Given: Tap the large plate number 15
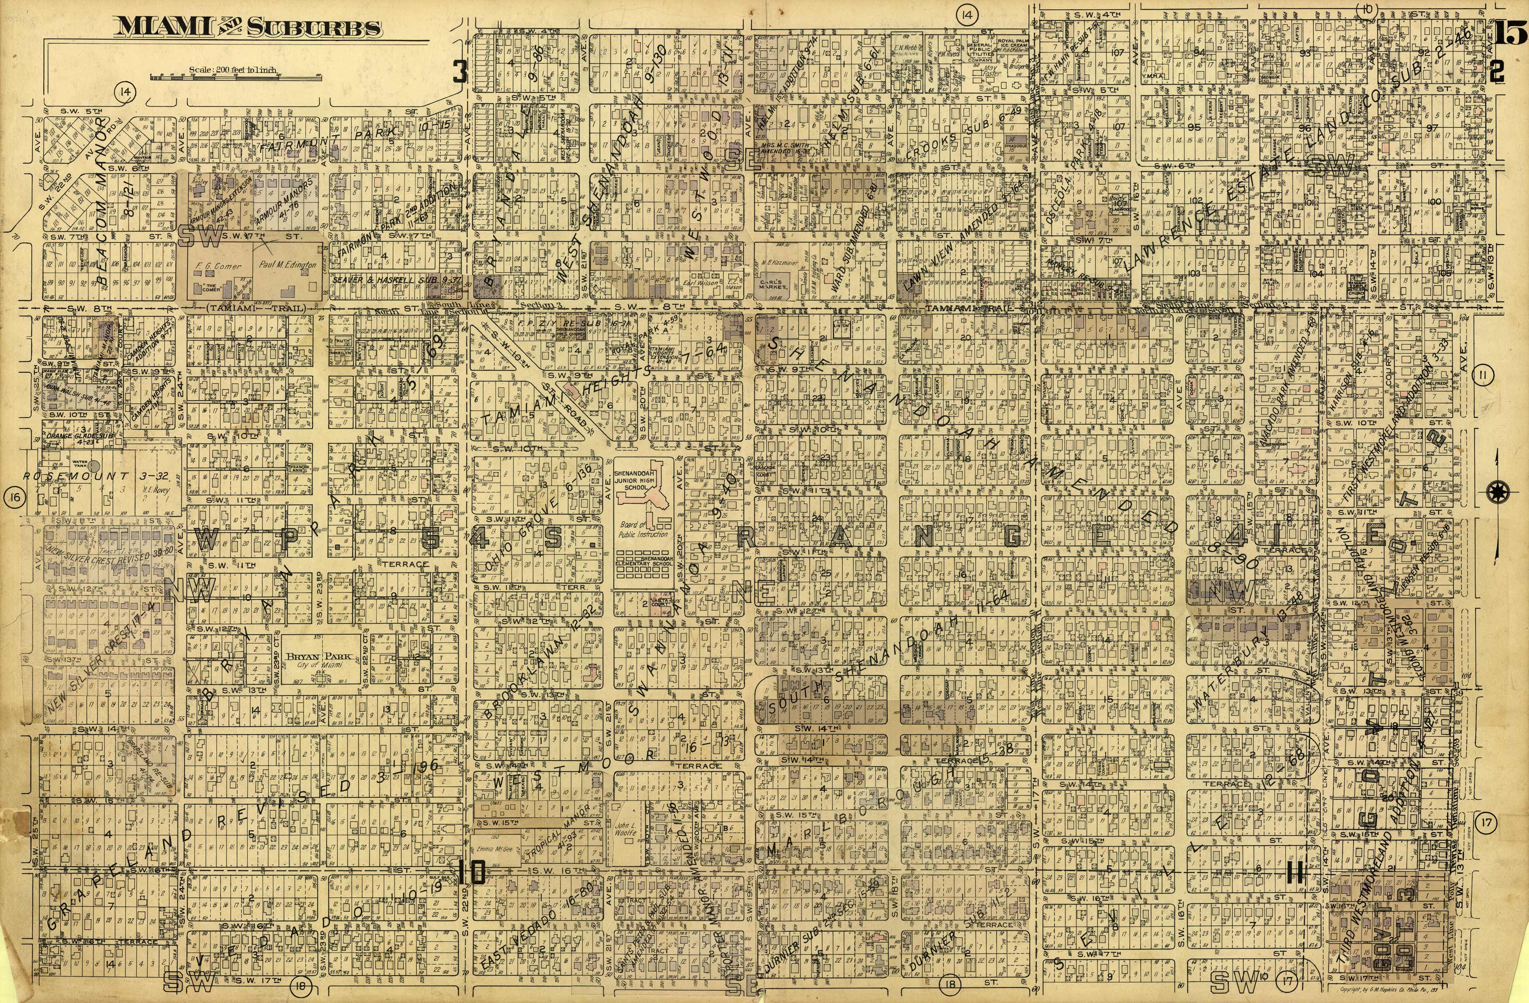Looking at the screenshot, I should click(x=1507, y=33).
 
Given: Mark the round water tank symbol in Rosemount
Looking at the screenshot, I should click(x=94, y=464).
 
